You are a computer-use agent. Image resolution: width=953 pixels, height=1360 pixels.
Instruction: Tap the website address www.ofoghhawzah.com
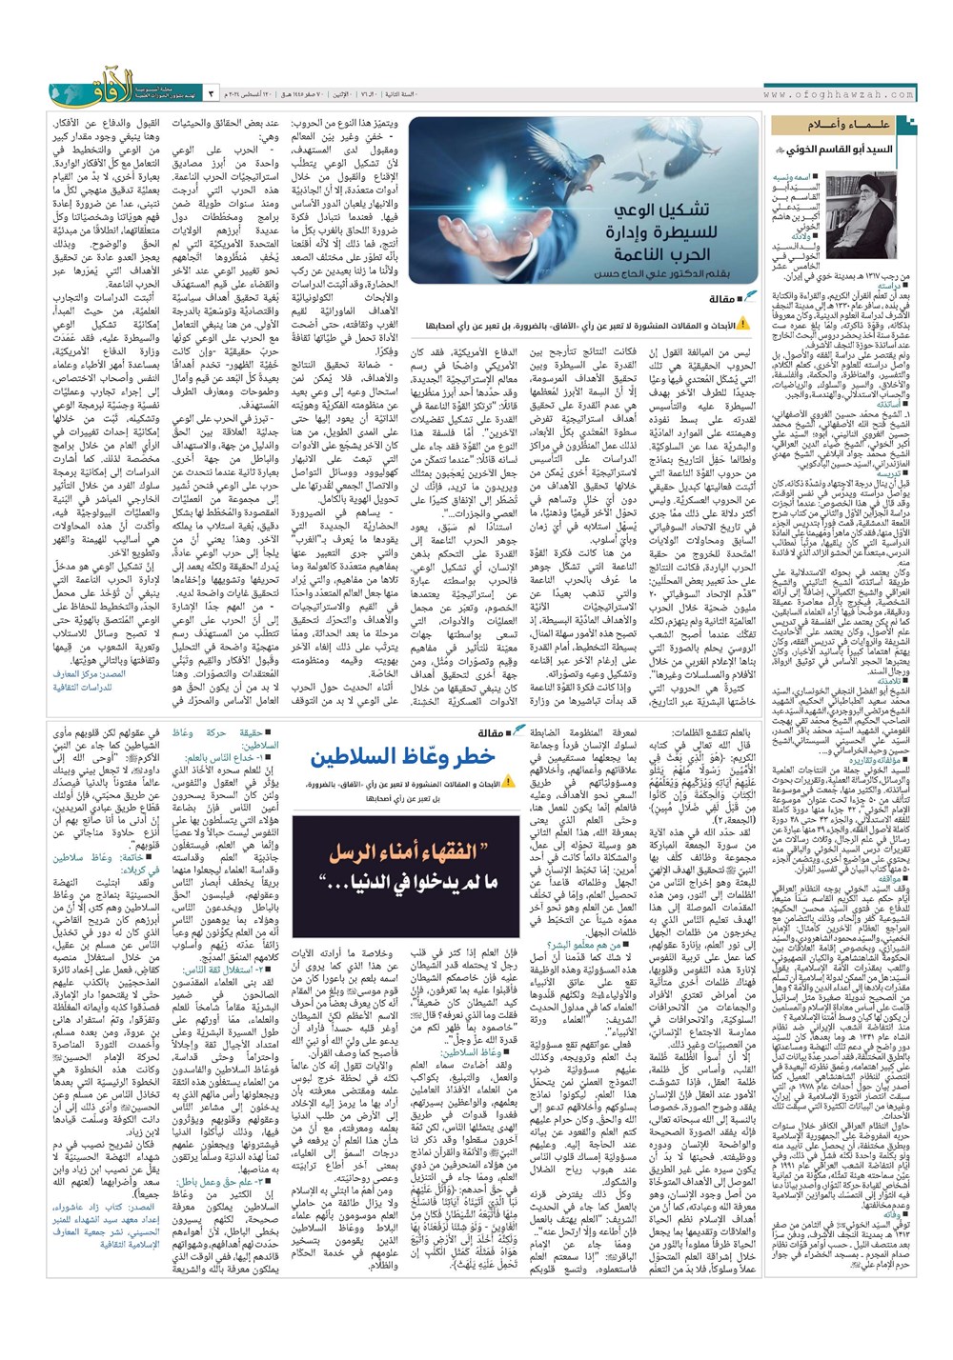(x=839, y=94)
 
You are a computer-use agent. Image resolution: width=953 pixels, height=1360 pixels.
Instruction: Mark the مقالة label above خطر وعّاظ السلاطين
(x=497, y=732)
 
